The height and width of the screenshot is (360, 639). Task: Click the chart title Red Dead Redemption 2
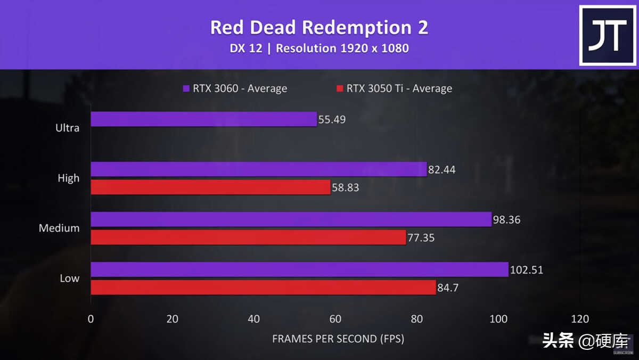coord(319,28)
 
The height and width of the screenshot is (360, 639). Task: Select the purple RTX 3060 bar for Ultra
coord(203,119)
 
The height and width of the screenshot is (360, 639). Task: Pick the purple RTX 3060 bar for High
coord(258,169)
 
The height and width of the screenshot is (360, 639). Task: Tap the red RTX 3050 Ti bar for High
coord(210,187)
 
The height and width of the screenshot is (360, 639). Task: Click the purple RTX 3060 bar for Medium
coord(291,219)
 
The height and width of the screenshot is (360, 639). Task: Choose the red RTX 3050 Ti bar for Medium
coord(248,237)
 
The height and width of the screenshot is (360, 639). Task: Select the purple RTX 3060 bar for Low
coord(299,269)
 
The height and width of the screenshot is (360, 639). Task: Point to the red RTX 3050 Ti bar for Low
coord(263,288)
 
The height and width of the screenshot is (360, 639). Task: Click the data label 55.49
coord(332,119)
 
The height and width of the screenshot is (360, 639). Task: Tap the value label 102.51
coord(527,269)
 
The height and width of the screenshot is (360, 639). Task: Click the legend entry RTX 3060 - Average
coord(235,88)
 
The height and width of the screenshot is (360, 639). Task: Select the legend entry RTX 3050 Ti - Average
coord(394,88)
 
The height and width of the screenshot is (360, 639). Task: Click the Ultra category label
coord(68,128)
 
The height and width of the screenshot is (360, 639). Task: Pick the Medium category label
coord(59,228)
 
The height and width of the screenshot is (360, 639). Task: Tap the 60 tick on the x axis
coord(335,319)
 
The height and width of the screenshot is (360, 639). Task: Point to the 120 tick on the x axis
coord(580,319)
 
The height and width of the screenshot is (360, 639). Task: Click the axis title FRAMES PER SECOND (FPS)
coord(338,339)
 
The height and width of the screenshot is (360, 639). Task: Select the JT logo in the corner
coord(607,36)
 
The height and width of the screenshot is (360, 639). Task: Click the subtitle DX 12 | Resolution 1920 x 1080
coord(319,48)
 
